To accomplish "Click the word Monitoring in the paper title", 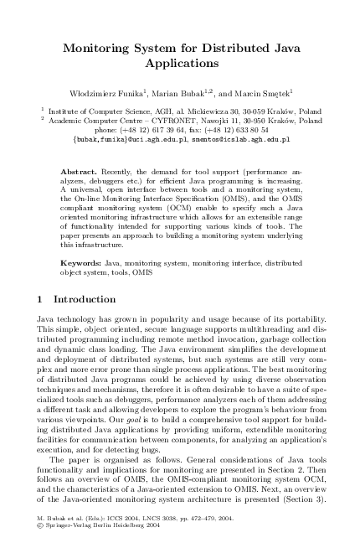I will (x=102, y=48).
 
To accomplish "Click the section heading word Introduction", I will (x=85, y=299).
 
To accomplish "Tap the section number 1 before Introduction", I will (x=42, y=299).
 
